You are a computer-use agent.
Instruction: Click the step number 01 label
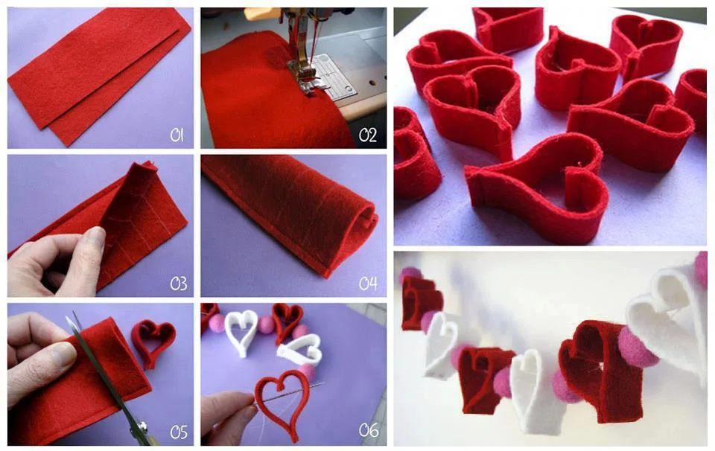pyautogui.click(x=177, y=135)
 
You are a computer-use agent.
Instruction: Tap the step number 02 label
pyautogui.click(x=367, y=135)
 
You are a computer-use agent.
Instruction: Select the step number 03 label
pyautogui.click(x=178, y=284)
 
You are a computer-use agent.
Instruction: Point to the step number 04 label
pyautogui.click(x=368, y=284)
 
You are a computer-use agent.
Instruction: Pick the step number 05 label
pyautogui.click(x=178, y=432)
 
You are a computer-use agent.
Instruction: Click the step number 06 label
pyautogui.click(x=368, y=429)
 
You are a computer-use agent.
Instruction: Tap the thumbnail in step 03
pyautogui.click(x=97, y=237)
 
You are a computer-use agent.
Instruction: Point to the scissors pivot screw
pyautogui.click(x=142, y=427)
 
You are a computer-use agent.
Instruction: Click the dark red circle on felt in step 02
pyautogui.click(x=276, y=57)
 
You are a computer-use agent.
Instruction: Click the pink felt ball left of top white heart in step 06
pyautogui.click(x=216, y=323)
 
